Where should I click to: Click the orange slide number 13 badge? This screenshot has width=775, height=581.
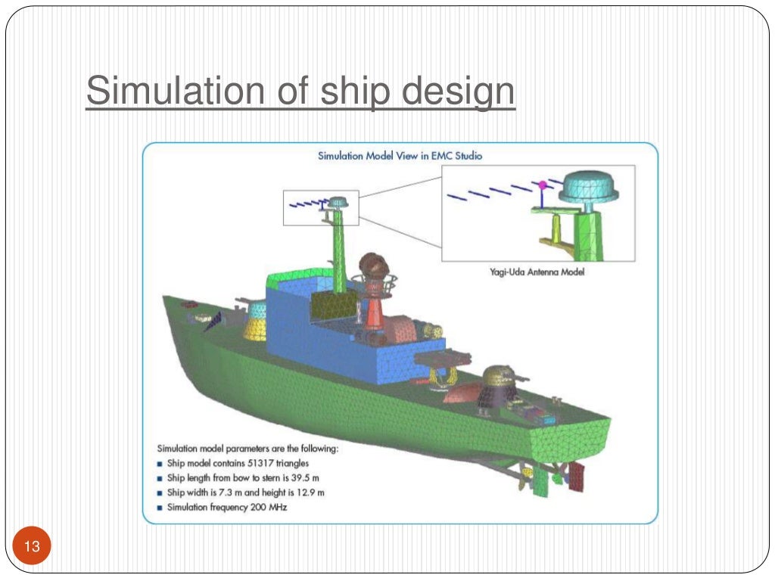pyautogui.click(x=32, y=546)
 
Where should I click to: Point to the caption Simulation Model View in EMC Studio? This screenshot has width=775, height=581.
pyautogui.click(x=400, y=156)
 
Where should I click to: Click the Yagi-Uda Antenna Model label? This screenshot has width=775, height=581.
pyautogui.click(x=537, y=272)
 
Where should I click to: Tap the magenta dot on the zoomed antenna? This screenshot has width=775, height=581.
pyautogui.click(x=542, y=184)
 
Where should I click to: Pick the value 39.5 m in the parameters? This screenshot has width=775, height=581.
pyautogui.click(x=310, y=478)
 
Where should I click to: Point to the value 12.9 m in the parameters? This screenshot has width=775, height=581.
pyautogui.click(x=310, y=492)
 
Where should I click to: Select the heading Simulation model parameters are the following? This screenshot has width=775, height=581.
pyautogui.click(x=247, y=448)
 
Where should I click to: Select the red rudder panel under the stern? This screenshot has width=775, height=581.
pyautogui.click(x=577, y=477)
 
